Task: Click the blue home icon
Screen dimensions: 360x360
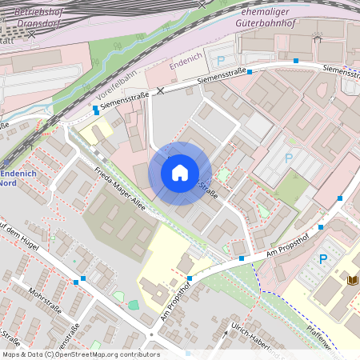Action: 180,173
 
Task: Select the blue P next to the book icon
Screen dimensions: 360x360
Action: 324,258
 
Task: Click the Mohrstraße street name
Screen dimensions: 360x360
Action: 43,299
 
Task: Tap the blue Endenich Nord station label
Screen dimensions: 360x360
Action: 15,178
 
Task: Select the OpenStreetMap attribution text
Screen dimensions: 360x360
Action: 80,354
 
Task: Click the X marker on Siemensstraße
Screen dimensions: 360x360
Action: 160,90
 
